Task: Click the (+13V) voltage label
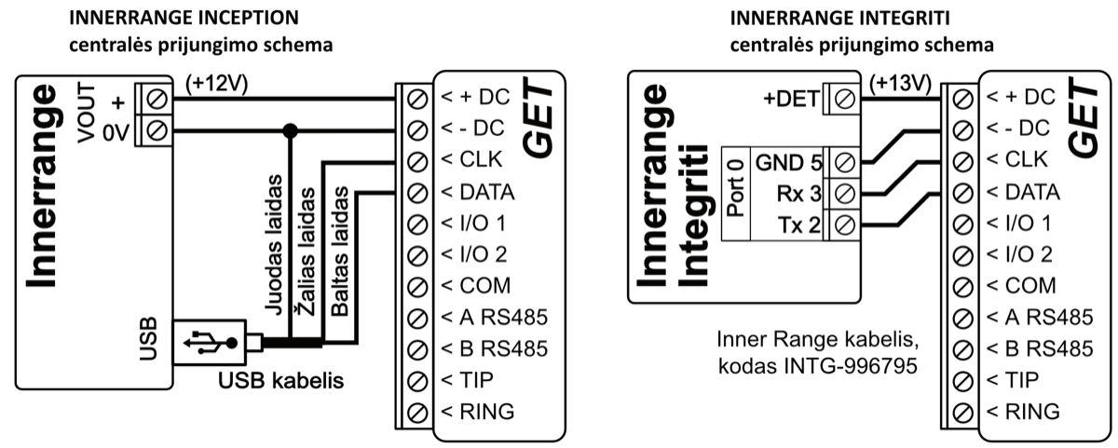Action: coord(901,82)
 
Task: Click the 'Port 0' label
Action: coord(735,191)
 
